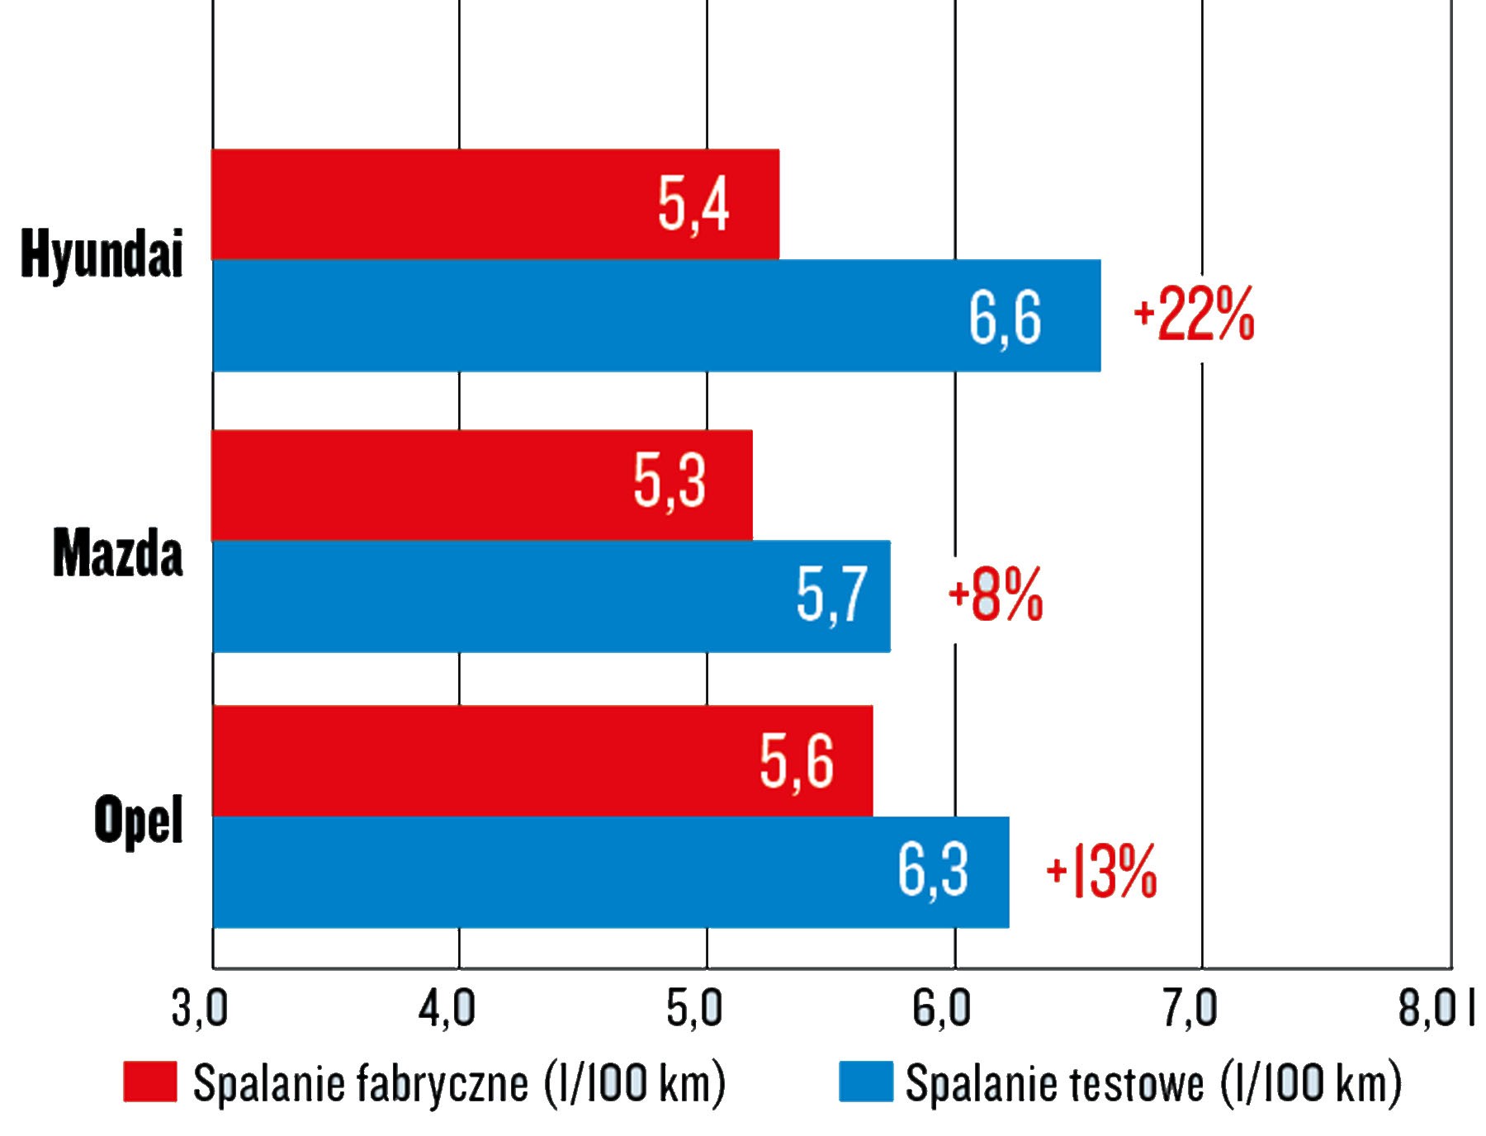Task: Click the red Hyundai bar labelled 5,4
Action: pos(495,205)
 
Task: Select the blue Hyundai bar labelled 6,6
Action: pos(656,315)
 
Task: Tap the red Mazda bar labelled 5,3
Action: pos(482,485)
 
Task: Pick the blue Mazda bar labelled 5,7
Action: pos(551,596)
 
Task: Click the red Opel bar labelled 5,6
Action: pos(542,760)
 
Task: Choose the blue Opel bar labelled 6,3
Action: pos(611,872)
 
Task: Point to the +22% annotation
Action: pos(1194,315)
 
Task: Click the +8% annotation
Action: pos(996,594)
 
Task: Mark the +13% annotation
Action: pos(1100,872)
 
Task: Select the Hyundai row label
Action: pos(102,253)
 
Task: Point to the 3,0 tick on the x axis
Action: pos(199,1009)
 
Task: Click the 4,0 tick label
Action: pos(447,1009)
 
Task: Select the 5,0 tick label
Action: pos(694,1009)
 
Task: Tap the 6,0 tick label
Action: pos(942,1009)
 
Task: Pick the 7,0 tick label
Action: pos(1190,1009)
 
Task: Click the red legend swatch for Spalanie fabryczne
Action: pos(149,1082)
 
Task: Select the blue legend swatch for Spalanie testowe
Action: pos(866,1082)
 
